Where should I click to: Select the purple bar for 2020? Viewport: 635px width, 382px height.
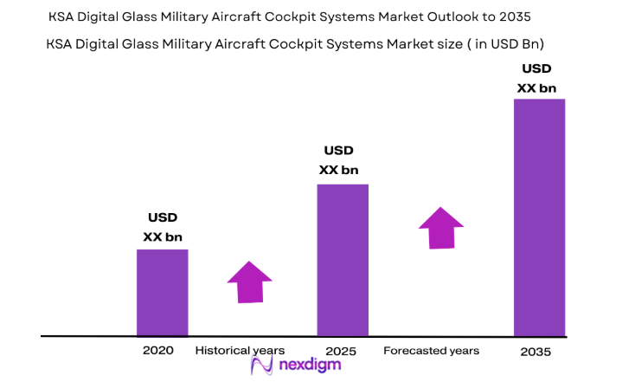coord(162,292)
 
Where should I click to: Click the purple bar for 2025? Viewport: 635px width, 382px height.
coord(343,259)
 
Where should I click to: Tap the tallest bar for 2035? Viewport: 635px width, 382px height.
coord(539,217)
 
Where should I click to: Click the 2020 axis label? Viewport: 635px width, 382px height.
coord(158,351)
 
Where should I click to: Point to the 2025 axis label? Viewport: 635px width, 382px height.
coord(342,351)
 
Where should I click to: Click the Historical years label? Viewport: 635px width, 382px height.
coord(240,351)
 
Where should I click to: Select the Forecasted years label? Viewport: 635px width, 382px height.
coord(431,351)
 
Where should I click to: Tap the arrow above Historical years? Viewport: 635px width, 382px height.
coord(249,282)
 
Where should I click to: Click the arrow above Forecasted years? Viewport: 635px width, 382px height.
coord(441,228)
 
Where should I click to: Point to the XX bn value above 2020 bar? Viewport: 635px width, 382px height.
coord(163,236)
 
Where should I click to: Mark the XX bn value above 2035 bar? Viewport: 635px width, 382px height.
coord(536,87)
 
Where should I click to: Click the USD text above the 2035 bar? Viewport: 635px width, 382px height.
coord(536,68)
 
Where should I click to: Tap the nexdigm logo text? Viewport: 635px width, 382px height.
coord(309,365)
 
